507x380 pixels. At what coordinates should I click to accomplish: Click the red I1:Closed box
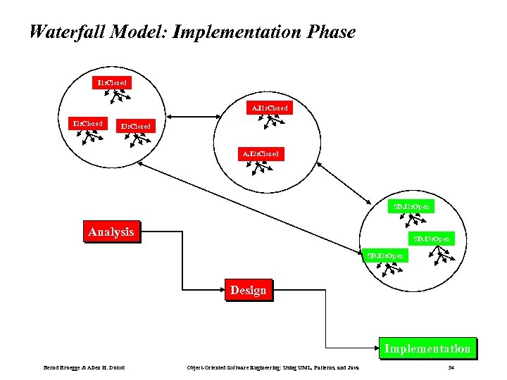click(x=111, y=82)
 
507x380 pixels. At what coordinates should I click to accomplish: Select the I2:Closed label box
click(x=87, y=124)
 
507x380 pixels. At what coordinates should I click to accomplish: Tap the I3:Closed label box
click(x=134, y=126)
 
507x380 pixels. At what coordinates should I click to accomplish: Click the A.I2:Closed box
click(x=261, y=153)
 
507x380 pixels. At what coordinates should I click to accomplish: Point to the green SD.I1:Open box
click(x=412, y=207)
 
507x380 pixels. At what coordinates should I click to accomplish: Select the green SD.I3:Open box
click(x=432, y=239)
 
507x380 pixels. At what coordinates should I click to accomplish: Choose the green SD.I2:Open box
click(x=385, y=255)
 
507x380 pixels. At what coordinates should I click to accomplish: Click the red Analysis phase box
click(x=111, y=232)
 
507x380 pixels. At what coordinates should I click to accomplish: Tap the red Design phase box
click(x=248, y=290)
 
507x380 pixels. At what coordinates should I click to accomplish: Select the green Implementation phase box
click(x=427, y=348)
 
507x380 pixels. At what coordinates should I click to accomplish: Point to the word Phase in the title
click(x=332, y=32)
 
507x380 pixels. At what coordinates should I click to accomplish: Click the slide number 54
click(x=451, y=367)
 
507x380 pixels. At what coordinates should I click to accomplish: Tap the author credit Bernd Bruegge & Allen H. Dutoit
click(x=79, y=367)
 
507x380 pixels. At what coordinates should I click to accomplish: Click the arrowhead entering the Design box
click(x=223, y=289)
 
